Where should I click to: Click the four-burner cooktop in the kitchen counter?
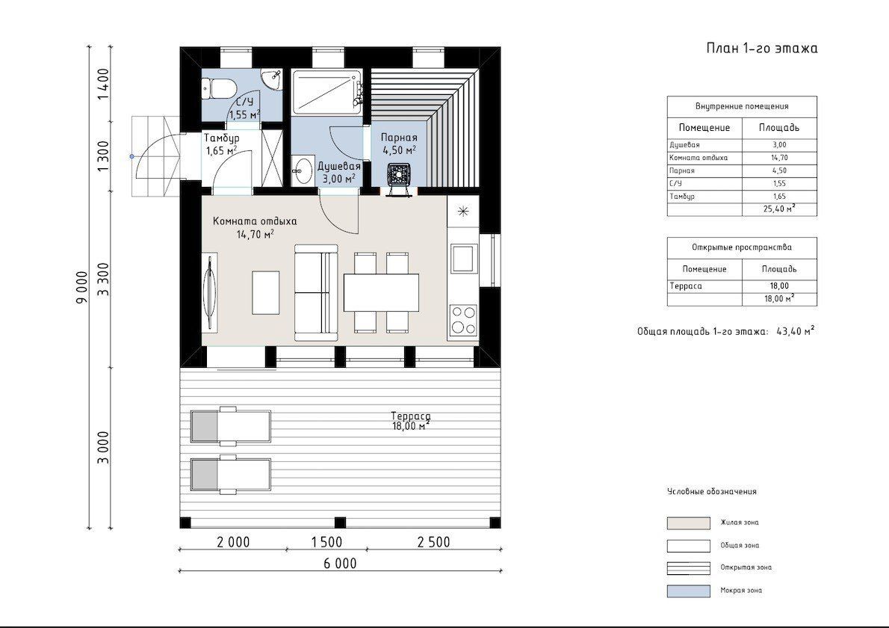tap(462, 320)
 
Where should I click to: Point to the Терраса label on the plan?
tap(410, 416)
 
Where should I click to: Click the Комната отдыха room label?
tap(255, 221)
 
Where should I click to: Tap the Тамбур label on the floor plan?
tap(222, 138)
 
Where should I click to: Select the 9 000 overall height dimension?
tap(81, 287)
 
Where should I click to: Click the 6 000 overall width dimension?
tap(340, 563)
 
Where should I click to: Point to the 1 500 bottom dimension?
tap(327, 542)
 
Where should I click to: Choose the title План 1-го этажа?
tap(762, 48)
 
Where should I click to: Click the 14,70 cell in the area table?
tap(780, 158)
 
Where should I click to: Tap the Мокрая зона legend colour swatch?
tap(688, 591)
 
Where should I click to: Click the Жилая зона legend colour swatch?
tap(688, 523)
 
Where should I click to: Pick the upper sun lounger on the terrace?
tap(230, 425)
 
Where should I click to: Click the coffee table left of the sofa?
tap(266, 293)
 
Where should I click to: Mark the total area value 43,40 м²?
tap(796, 331)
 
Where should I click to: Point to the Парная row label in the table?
tap(681, 170)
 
